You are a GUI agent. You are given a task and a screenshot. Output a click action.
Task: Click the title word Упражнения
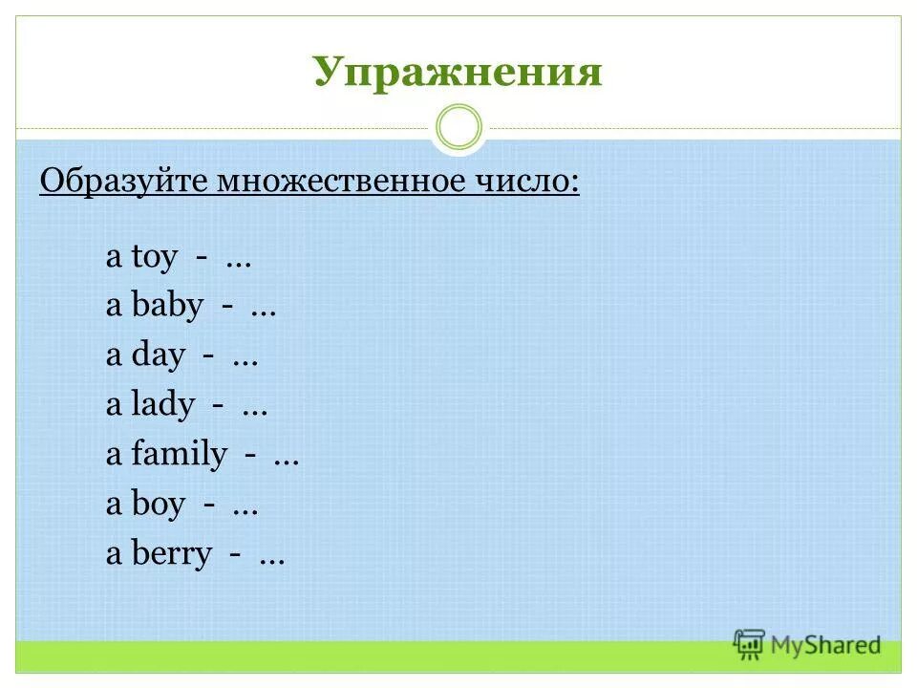[458, 72]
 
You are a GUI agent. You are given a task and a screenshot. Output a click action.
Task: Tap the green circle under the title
[458, 127]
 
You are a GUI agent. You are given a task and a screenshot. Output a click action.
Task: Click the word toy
[153, 258]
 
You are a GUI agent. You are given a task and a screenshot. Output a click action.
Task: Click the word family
[179, 456]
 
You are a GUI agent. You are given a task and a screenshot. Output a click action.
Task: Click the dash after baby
[228, 309]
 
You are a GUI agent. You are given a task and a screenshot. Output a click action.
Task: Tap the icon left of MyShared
[750, 644]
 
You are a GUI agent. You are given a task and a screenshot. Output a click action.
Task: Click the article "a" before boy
[114, 506]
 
